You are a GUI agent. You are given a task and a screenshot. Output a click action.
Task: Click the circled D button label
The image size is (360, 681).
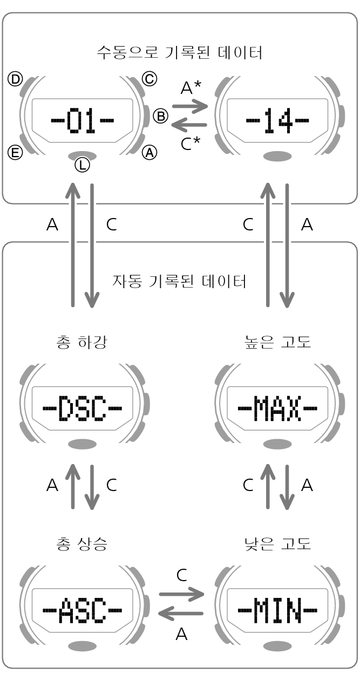[15, 79]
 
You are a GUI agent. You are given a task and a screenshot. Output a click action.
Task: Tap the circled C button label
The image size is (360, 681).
[150, 79]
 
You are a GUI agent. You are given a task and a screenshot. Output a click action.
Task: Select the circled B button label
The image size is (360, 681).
[160, 116]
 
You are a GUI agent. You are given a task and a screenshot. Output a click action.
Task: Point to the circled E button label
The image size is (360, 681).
[15, 152]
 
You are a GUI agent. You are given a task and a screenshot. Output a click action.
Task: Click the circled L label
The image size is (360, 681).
[83, 165]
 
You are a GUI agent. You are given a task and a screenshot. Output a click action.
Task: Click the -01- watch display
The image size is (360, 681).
[83, 120]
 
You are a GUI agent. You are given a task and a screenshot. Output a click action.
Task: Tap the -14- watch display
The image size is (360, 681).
[277, 120]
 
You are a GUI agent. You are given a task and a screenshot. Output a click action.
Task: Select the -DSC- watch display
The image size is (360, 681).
[83, 408]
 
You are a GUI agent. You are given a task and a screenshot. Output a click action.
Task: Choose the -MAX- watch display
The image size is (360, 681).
[277, 408]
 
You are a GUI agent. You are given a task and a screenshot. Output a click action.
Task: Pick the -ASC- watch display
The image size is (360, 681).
[83, 610]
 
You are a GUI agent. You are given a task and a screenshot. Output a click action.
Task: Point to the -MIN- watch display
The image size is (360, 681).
[277, 610]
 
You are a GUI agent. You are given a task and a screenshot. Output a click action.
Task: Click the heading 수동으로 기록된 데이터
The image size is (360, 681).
[179, 52]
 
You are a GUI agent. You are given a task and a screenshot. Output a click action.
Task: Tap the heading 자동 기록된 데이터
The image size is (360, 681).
[179, 281]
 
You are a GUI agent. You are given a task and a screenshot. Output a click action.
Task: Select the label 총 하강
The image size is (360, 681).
[82, 342]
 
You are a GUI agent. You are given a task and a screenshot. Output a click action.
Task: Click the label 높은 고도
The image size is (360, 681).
[278, 342]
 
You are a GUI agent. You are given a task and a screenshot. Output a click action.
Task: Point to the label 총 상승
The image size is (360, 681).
[82, 544]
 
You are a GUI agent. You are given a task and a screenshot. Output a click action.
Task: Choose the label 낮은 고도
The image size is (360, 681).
[278, 544]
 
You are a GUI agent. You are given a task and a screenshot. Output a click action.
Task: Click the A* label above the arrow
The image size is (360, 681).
[191, 87]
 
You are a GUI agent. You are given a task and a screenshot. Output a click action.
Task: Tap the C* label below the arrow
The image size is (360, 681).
[191, 144]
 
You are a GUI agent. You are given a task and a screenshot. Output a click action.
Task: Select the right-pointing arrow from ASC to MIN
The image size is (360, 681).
[181, 594]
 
